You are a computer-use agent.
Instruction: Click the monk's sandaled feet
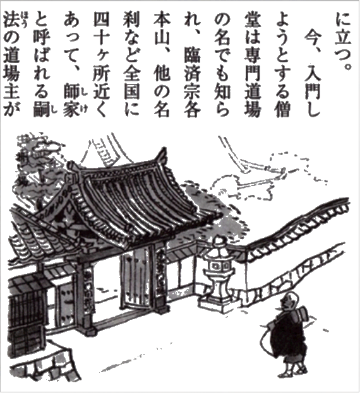click(293, 372)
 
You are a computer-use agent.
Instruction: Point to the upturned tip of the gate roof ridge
click(164, 150)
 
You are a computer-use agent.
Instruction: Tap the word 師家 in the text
click(71, 101)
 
